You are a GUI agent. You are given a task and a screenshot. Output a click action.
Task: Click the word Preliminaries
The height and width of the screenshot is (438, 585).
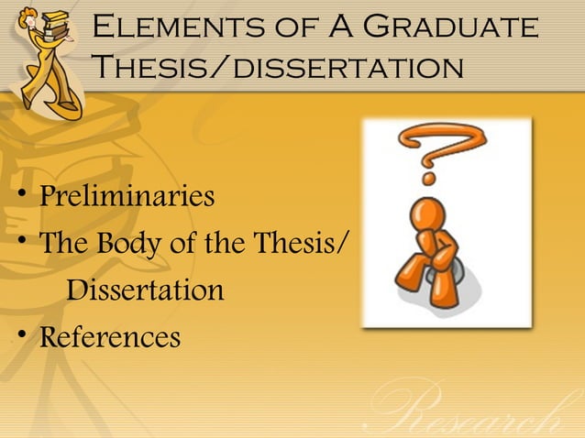(x=127, y=196)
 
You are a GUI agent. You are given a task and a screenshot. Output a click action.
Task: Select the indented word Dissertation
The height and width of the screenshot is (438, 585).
(x=146, y=290)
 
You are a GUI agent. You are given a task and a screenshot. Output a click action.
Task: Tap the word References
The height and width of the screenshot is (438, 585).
(x=110, y=337)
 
